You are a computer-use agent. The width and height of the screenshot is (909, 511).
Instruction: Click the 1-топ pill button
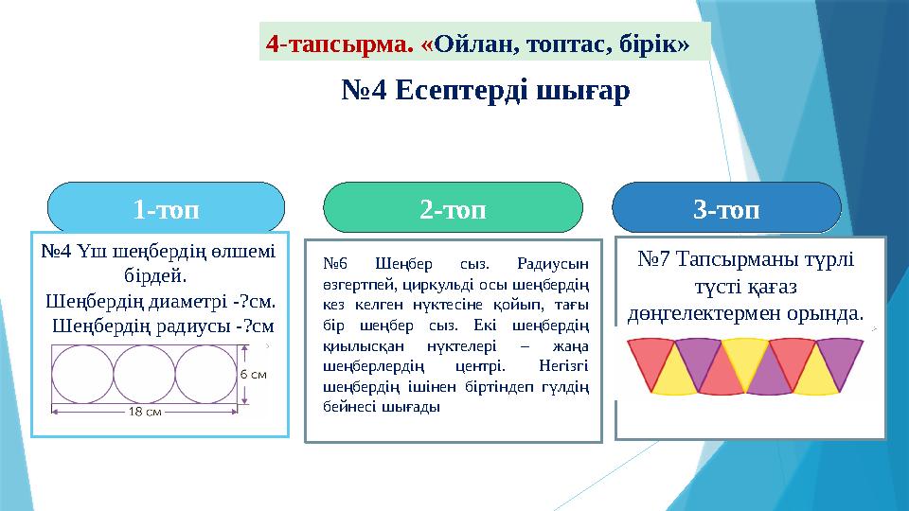click(166, 208)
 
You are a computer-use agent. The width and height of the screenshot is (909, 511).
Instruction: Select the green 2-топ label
click(453, 208)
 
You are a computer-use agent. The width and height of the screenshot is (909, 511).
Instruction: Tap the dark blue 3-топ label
click(726, 208)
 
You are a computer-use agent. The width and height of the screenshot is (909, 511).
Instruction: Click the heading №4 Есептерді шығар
click(484, 92)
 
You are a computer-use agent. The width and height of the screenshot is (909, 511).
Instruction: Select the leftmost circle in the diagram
click(82, 373)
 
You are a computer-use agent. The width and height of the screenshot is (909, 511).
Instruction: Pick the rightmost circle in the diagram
click(205, 373)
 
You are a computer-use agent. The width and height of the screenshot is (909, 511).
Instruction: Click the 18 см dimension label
click(144, 412)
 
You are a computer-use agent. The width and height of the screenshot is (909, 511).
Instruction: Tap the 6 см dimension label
click(253, 374)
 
